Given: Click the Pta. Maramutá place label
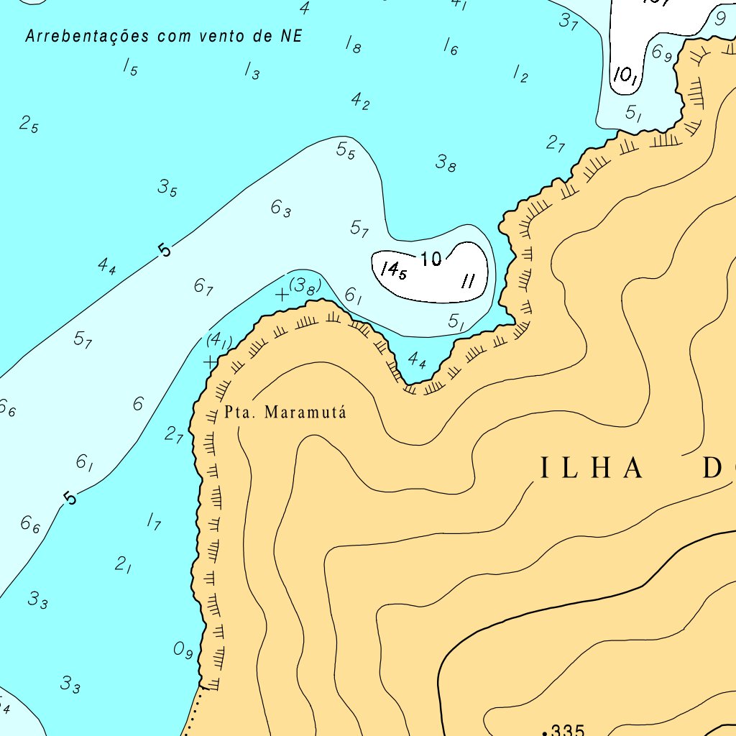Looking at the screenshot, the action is pos(285,413).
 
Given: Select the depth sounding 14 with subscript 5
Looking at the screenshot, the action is pos(394,270).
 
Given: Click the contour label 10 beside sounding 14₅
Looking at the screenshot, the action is pos(431,259).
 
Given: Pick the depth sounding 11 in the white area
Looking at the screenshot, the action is pos(468,281).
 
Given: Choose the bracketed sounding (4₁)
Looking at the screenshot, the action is pos(218,340).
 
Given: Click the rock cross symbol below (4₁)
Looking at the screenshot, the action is pos(209,362).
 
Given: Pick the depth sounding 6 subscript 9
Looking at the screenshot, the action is pos(661,52).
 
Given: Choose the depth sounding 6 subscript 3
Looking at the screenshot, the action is pos(280,208).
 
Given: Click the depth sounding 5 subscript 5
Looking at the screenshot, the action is pos(346,150).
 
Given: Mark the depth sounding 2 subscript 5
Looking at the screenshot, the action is pos(29,124).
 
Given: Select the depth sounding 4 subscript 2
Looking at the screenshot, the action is pos(360,101).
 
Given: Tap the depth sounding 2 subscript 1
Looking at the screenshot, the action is pos(123,565).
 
